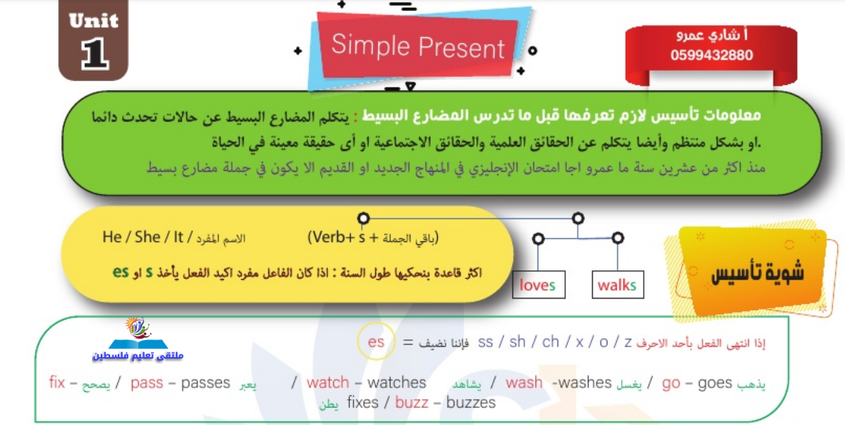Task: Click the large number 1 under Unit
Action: click(x=95, y=54)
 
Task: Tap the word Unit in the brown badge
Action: click(x=94, y=21)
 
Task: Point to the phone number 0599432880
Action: click(x=711, y=55)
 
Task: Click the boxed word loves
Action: click(x=538, y=285)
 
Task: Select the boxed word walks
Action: click(x=616, y=285)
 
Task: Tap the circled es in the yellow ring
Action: click(x=377, y=342)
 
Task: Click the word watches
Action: click(x=397, y=383)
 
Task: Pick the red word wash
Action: click(x=524, y=383)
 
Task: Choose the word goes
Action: click(x=715, y=383)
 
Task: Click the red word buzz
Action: click(x=412, y=402)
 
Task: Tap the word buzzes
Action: click(x=471, y=402)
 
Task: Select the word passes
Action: click(x=205, y=383)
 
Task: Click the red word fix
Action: click(x=57, y=382)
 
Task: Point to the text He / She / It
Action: click(x=143, y=237)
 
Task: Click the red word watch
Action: click(x=328, y=383)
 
